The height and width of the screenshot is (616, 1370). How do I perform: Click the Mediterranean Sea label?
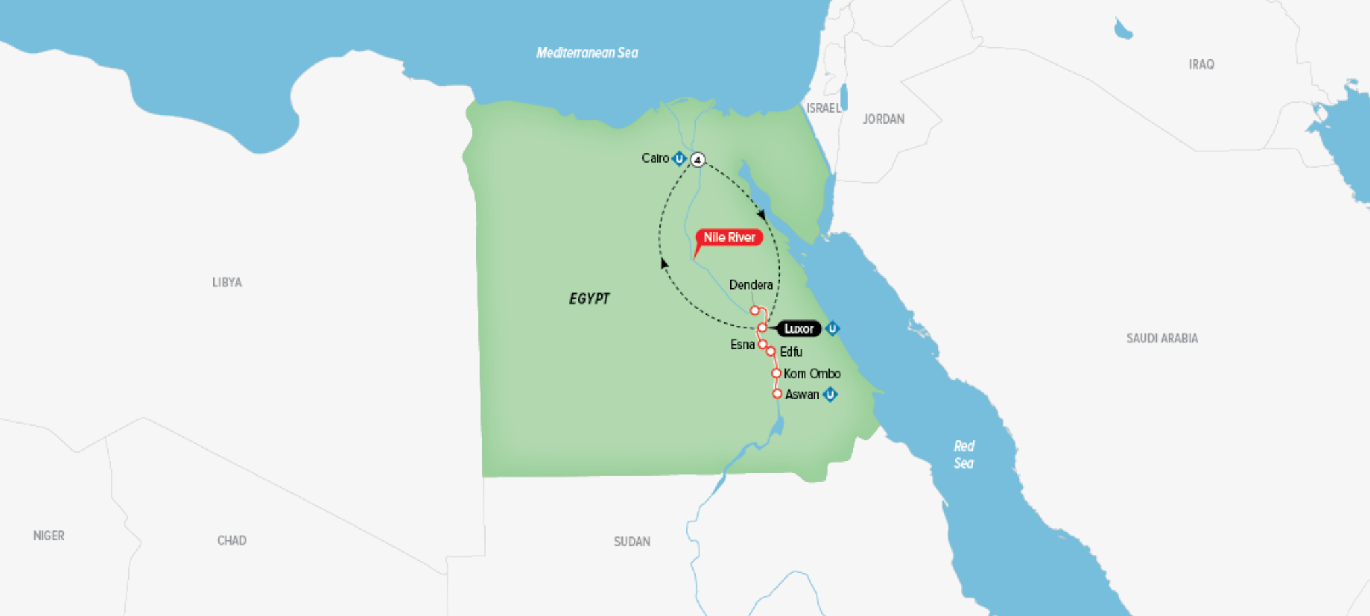[x=587, y=53]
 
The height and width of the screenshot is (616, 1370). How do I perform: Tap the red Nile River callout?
[x=729, y=238]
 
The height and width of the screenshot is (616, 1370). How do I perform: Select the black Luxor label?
[x=798, y=329]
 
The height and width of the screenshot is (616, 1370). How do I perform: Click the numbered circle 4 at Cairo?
[x=698, y=160]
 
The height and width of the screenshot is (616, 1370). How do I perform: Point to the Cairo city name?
[x=655, y=158]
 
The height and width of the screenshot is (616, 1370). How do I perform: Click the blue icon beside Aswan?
[x=830, y=394]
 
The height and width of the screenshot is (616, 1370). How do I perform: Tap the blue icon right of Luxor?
[x=832, y=329]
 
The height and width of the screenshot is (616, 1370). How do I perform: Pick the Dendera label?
[x=751, y=285]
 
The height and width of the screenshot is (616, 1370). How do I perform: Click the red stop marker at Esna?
[x=763, y=344]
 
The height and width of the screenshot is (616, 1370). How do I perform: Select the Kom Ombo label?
[x=812, y=374]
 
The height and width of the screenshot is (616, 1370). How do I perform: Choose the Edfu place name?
[x=791, y=352]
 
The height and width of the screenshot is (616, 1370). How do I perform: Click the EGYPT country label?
[x=589, y=299]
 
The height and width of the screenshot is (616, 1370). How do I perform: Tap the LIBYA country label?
[x=227, y=282]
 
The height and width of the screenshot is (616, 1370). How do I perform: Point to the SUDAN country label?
[x=632, y=542]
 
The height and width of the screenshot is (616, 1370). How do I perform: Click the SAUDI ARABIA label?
[x=1162, y=338]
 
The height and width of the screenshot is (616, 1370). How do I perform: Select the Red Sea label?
[x=964, y=455]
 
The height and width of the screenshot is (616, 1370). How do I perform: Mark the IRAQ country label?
[x=1201, y=64]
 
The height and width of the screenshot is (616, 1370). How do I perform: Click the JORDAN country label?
[x=883, y=119]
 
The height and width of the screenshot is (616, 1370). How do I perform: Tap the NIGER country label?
[x=49, y=536]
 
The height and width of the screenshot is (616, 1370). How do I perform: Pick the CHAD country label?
[x=232, y=540]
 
